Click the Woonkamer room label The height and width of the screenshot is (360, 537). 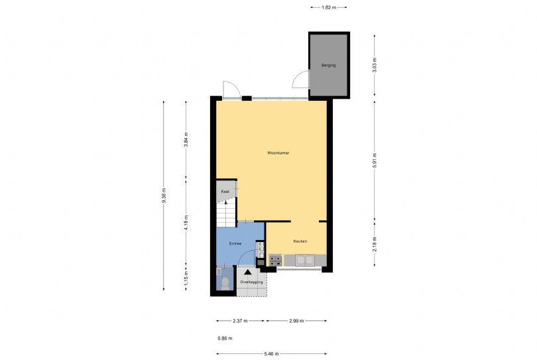click(x=278, y=152)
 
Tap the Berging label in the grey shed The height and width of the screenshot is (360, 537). click(x=328, y=65)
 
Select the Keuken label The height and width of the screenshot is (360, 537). click(x=300, y=241)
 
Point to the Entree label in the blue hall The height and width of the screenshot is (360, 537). click(x=235, y=243)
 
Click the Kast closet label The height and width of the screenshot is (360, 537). click(x=225, y=192)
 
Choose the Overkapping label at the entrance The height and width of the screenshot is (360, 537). click(x=251, y=282)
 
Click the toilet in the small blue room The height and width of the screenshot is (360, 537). click(x=225, y=283)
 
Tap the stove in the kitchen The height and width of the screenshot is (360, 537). click(x=275, y=261)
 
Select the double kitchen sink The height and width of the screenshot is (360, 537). click(x=305, y=260)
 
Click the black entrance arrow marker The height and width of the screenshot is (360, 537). click(x=247, y=272)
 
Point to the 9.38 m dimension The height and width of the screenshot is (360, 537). click(x=164, y=196)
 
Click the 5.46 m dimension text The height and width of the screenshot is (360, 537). click(x=271, y=354)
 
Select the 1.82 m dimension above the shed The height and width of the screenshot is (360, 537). click(x=328, y=7)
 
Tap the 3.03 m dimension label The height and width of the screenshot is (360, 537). click(x=375, y=65)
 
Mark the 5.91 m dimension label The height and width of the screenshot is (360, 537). click(x=375, y=160)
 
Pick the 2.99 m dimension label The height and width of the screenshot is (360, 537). click(x=296, y=321)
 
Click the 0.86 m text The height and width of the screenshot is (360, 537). click(x=225, y=338)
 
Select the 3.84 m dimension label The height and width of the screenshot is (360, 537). click(x=186, y=139)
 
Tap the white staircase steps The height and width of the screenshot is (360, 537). click(x=226, y=214)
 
